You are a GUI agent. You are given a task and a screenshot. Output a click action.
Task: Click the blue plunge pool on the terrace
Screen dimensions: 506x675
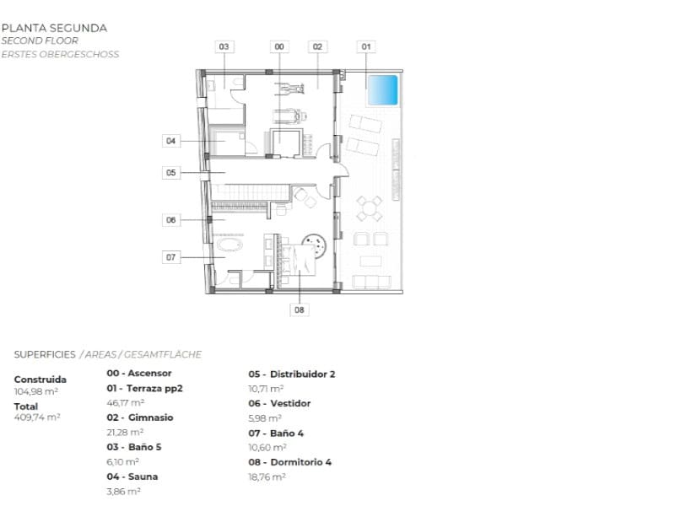coord(382,90)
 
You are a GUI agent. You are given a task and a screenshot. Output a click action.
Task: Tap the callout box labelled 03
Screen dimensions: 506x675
coord(224,47)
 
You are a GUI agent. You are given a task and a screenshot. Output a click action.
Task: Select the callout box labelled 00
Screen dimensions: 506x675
coord(279,47)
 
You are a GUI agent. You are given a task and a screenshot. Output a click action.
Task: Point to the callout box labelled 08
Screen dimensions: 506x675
coord(299,310)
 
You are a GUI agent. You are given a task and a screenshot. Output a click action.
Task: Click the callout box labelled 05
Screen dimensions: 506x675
coord(171,172)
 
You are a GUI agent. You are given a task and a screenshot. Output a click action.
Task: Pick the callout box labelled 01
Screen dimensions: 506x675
coord(365,47)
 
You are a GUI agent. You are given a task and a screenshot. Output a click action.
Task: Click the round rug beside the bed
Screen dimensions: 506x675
coord(316,245)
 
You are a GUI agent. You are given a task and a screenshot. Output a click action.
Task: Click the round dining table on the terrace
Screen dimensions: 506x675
coord(369,208)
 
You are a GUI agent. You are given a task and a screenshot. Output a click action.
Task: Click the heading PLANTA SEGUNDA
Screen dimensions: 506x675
coord(54,28)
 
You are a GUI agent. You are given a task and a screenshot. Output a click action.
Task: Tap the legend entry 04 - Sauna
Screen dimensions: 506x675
coord(132,476)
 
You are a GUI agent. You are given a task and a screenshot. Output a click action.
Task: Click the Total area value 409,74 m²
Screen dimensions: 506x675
coord(37,417)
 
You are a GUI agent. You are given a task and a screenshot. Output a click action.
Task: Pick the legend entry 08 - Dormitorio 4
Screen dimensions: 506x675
coord(289,462)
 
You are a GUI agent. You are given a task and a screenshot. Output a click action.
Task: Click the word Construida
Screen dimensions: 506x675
coord(40,379)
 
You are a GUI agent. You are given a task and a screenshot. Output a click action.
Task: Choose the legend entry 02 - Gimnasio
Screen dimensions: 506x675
coord(140,417)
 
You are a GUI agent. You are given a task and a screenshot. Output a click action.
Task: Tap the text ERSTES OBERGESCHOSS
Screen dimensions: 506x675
coord(60,55)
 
